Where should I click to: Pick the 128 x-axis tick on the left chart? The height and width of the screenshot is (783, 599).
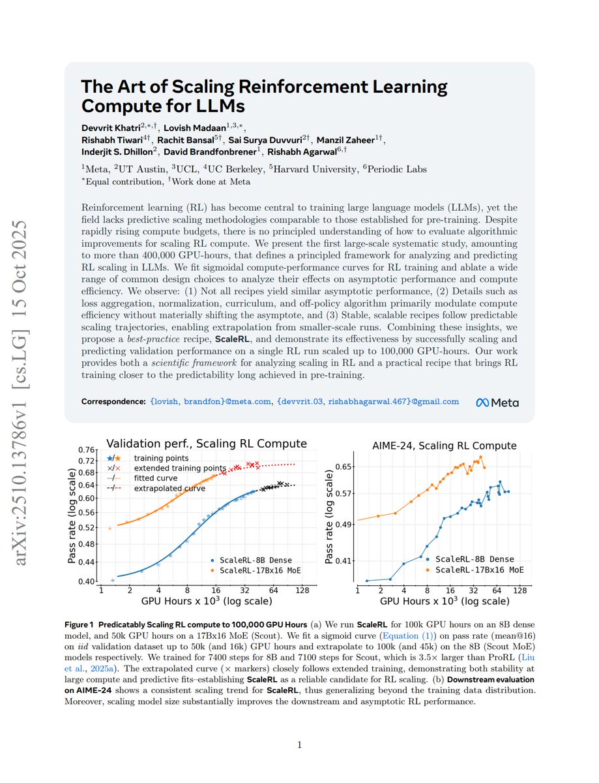pyautogui.click(x=302, y=591)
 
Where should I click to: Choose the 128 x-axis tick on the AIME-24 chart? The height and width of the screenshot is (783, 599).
pyautogui.click(x=519, y=591)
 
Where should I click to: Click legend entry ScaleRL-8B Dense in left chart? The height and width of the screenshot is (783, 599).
pyautogui.click(x=256, y=560)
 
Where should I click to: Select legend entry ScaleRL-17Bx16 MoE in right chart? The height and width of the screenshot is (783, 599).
pyautogui.click(x=480, y=570)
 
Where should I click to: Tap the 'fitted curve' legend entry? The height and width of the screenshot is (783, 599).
pyautogui.click(x=157, y=478)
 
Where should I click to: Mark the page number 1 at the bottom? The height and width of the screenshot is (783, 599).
pyautogui.click(x=299, y=745)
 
